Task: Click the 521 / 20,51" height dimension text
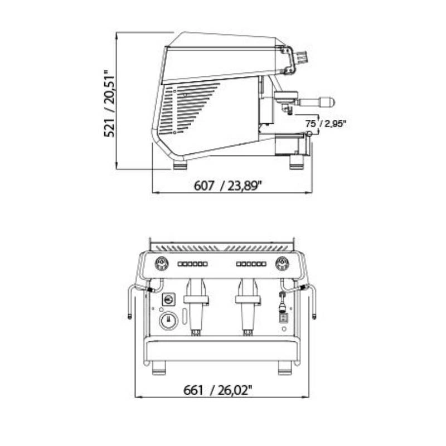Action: (109, 104)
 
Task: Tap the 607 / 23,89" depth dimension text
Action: (227, 186)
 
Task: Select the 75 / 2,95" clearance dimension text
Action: (326, 124)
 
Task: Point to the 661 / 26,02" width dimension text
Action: (218, 390)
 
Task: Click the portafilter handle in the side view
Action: (316, 102)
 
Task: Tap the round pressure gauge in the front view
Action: (168, 321)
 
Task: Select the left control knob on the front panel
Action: (162, 263)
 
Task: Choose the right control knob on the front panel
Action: (282, 263)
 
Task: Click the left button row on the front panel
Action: (192, 264)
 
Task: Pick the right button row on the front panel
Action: (251, 264)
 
